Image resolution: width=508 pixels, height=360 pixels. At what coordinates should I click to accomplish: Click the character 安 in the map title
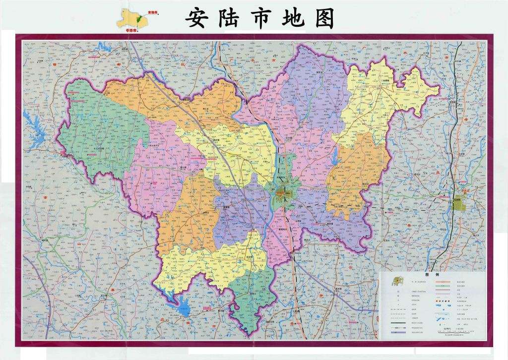[x=196, y=19]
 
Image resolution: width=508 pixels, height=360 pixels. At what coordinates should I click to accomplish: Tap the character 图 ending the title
[x=324, y=19]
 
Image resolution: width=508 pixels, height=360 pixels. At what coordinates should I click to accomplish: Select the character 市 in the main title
[x=260, y=19]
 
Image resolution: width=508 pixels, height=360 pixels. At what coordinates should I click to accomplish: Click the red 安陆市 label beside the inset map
[x=153, y=11]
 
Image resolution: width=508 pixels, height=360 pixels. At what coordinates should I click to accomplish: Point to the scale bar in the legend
[x=454, y=331]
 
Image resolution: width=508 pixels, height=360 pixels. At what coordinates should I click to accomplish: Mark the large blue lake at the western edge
[x=32, y=126]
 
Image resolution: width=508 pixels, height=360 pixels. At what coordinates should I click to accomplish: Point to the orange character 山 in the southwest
[x=78, y=244]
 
